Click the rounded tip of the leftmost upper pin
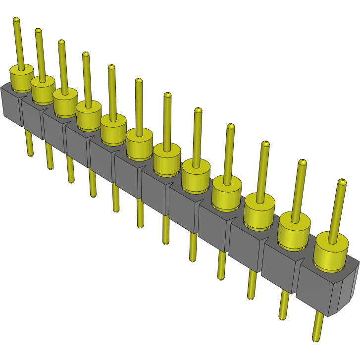click(x=16, y=20)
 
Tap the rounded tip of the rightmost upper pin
click(x=341, y=183)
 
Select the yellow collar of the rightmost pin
click(x=331, y=253)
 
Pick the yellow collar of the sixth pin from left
click(x=139, y=144)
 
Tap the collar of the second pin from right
click(x=294, y=232)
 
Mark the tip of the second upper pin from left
click(x=38, y=31)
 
